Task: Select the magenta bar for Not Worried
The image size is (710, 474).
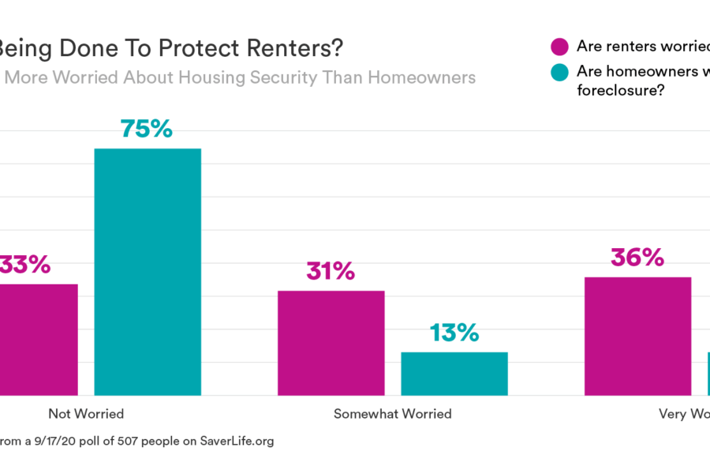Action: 38,339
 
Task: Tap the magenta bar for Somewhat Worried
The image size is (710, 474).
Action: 331,343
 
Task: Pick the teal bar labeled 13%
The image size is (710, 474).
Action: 454,373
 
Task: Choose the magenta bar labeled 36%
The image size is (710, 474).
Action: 637,336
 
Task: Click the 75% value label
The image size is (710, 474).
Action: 147,129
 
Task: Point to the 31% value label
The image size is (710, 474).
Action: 331,272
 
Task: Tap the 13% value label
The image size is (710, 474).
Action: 454,333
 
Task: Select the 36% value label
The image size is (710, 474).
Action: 637,258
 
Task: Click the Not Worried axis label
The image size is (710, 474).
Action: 86,413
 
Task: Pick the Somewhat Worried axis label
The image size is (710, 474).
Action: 392,413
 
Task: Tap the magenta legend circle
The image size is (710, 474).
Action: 560,47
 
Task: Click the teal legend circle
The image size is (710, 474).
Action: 560,73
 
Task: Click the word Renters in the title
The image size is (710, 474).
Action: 293,48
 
